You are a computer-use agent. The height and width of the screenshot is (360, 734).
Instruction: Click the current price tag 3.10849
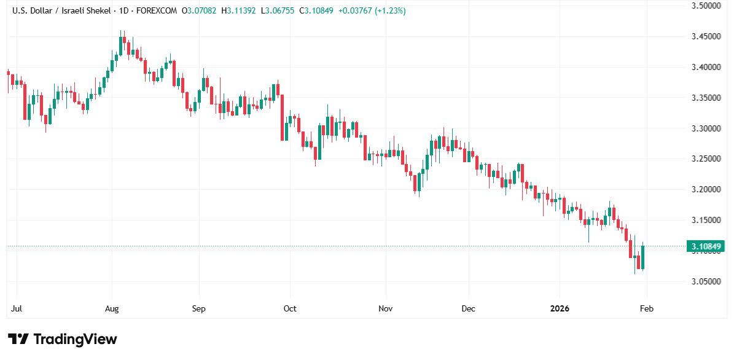pos(706,247)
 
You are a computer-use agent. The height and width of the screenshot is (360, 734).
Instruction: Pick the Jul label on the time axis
pos(18,308)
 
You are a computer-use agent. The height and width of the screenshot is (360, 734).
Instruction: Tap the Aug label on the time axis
pos(112,308)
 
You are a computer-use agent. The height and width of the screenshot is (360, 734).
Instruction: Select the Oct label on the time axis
pos(290,308)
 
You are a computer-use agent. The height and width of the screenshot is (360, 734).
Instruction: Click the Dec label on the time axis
pos(468,308)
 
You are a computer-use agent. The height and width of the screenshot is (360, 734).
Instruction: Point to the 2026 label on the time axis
pos(560,308)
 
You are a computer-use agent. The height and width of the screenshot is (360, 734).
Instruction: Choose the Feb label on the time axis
pos(646,308)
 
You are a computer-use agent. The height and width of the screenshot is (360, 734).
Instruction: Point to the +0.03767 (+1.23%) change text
pos(379,11)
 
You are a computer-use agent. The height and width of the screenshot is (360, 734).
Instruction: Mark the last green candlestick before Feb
pos(642,257)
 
